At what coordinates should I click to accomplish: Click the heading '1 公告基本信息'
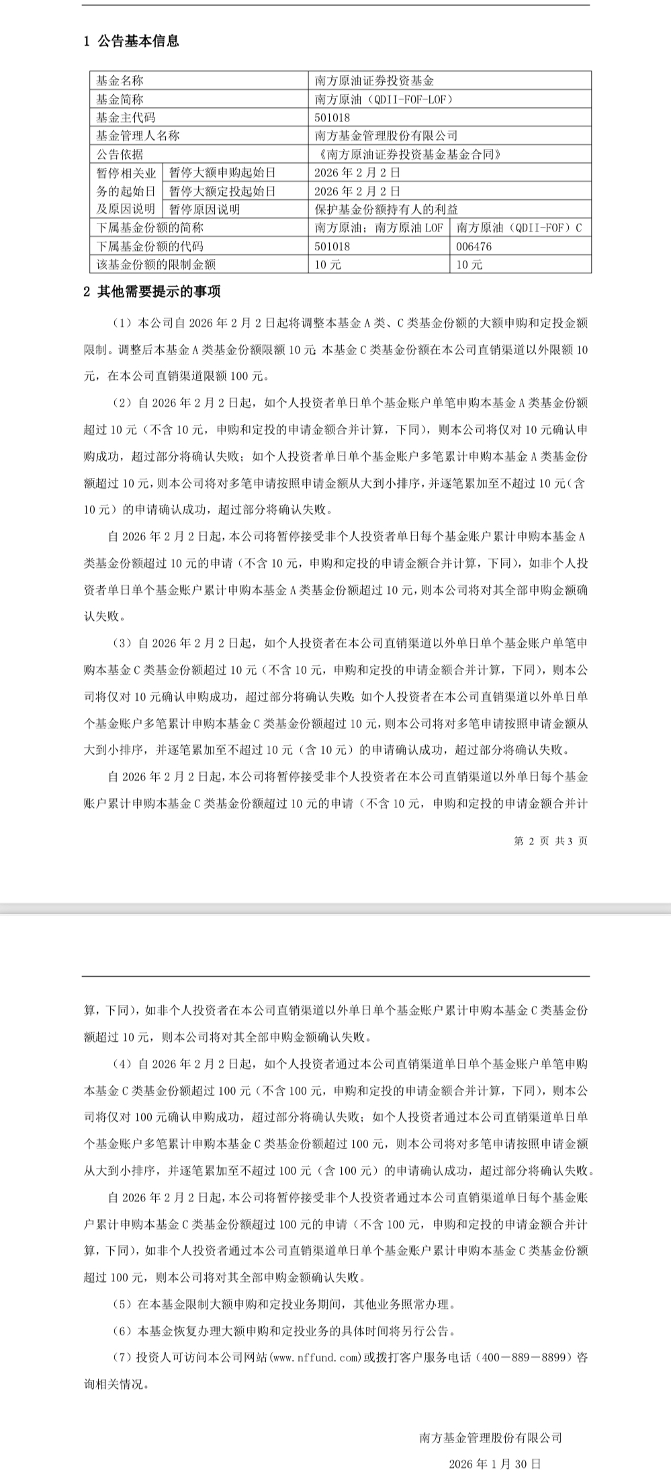pos(132,41)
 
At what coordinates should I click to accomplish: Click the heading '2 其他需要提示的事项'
pos(152,292)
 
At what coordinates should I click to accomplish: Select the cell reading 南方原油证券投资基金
pos(374,81)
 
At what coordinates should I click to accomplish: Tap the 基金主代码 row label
pos(126,117)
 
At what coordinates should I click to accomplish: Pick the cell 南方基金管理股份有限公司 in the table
pos(386,136)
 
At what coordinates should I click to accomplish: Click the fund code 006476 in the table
pos(474,246)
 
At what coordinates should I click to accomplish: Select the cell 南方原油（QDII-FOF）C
pos(519,228)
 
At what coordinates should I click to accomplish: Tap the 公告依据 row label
pos(120,154)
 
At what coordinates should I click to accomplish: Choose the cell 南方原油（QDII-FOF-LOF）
pos(384,99)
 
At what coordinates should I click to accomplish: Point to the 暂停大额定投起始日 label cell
pos(222,191)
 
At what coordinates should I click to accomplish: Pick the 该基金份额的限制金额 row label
pos(156,264)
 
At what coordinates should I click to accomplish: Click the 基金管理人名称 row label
pos(138,136)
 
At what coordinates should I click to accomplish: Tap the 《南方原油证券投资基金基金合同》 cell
pos(408,154)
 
